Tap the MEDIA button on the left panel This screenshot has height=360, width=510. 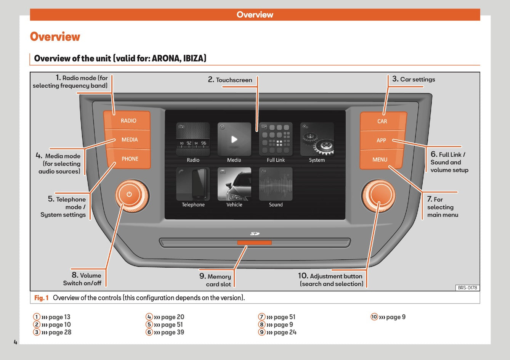(129, 140)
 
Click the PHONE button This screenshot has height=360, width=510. (130, 159)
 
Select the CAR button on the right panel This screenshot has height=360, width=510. (382, 121)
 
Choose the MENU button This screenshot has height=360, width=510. (380, 159)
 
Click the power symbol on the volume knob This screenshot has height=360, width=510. (129, 194)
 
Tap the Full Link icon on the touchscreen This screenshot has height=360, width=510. (276, 139)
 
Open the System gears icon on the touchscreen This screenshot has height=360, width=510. (317, 139)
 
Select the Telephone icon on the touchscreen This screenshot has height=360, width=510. (193, 184)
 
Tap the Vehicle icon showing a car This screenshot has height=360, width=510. (234, 184)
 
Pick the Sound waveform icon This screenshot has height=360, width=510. (276, 184)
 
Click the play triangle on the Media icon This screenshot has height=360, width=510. (234, 139)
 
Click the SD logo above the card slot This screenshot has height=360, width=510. (255, 233)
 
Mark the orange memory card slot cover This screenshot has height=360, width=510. (254, 243)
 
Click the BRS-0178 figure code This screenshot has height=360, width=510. (467, 288)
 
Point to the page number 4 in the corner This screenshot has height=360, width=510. (15, 342)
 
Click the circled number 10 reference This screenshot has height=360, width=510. (374, 317)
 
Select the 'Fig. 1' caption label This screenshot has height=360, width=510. (41, 298)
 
